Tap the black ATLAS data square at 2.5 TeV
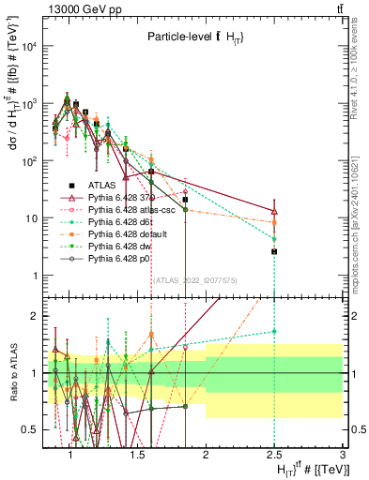coord(274,251)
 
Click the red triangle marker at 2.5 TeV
coord(274,210)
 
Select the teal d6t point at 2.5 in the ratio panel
coord(274,331)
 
